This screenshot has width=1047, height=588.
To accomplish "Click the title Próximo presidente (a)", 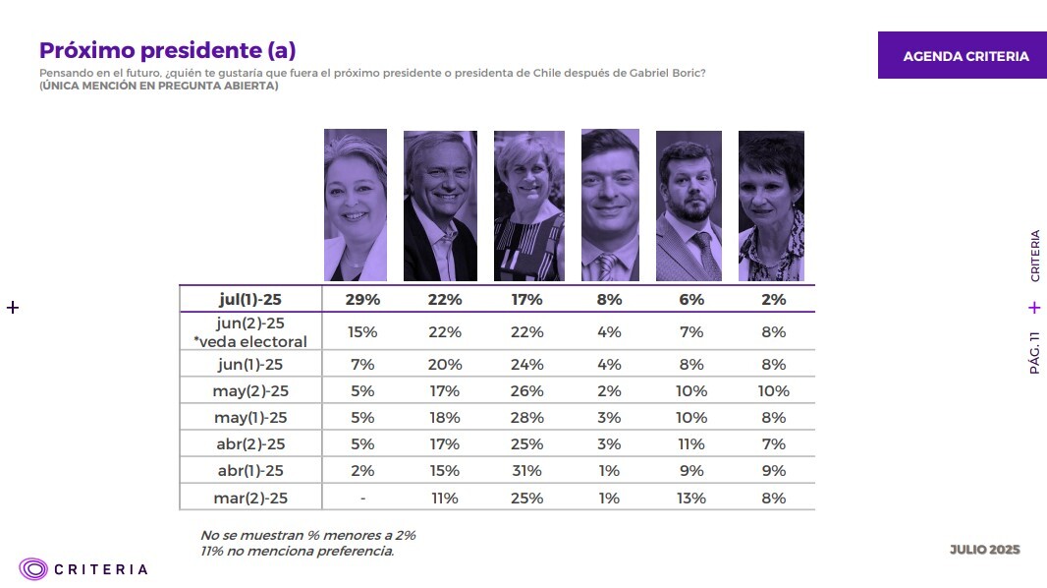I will pyautogui.click(x=167, y=50).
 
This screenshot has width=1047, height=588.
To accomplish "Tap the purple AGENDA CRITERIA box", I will pyautogui.click(x=965, y=56).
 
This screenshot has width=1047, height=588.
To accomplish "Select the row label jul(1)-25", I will pyautogui.click(x=250, y=299).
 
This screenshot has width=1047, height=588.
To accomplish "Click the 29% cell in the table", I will pyautogui.click(x=363, y=299).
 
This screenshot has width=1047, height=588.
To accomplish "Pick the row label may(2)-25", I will pyautogui.click(x=250, y=391).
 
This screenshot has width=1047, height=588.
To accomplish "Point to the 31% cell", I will pyautogui.click(x=527, y=470).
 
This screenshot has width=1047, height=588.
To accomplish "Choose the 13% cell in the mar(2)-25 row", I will pyautogui.click(x=691, y=499).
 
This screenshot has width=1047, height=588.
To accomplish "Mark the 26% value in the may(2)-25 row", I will pyautogui.click(x=527, y=391).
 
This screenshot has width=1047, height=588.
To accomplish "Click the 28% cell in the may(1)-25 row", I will pyautogui.click(x=527, y=418).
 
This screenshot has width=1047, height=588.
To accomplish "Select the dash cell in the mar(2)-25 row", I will pyautogui.click(x=363, y=499).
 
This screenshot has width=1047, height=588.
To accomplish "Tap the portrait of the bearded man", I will pyautogui.click(x=689, y=206).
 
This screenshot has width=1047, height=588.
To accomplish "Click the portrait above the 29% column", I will pyautogui.click(x=356, y=206).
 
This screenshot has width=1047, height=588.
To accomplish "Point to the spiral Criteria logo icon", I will pyautogui.click(x=33, y=568).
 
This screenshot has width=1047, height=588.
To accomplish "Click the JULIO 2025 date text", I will pyautogui.click(x=984, y=550).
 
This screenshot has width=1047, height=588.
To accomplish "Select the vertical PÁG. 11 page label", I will pyautogui.click(x=1034, y=352).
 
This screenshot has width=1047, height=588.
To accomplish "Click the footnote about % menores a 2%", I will pyautogui.click(x=307, y=536).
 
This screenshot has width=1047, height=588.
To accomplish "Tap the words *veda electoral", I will pyautogui.click(x=250, y=342).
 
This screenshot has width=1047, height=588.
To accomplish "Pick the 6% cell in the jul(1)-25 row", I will pyautogui.click(x=691, y=299).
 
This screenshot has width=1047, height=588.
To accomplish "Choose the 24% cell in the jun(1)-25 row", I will pyautogui.click(x=527, y=365).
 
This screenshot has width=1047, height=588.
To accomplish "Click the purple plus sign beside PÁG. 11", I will pyautogui.click(x=1034, y=308).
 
